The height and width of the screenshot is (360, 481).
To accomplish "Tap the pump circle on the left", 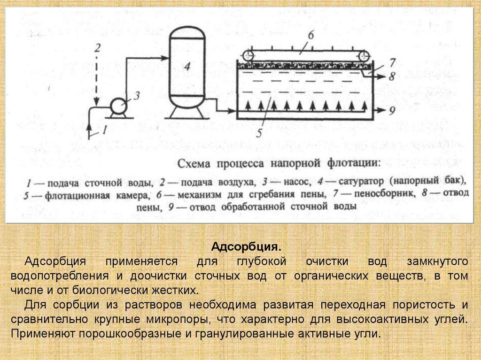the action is tap(116, 107).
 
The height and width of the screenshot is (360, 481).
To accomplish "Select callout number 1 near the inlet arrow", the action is tap(105, 128).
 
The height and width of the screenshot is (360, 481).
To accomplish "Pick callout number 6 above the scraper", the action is tap(310, 35).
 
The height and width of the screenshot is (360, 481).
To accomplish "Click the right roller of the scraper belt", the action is tap(365, 55).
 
